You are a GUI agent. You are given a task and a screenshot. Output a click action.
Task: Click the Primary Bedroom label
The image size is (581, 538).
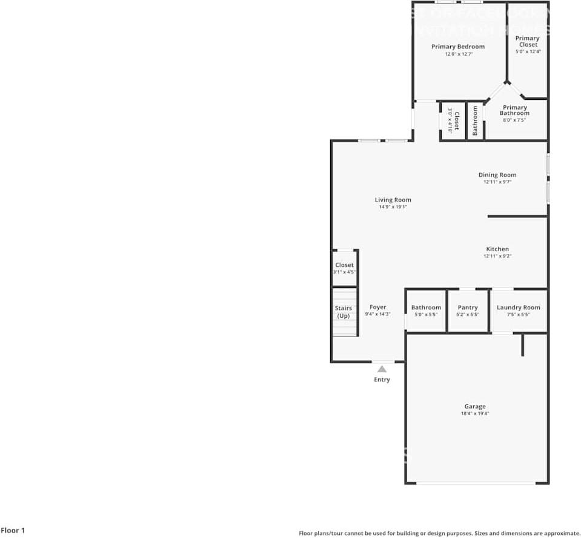click(x=457, y=47)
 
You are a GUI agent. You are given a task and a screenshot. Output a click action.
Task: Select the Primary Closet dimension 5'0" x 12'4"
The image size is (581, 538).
click(x=527, y=51)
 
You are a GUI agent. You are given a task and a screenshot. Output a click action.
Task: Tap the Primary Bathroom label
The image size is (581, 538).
click(x=514, y=110)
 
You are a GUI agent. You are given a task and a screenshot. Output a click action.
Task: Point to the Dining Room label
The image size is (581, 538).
click(x=497, y=175)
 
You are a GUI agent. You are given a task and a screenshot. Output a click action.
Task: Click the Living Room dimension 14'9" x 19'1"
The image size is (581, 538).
click(x=393, y=207)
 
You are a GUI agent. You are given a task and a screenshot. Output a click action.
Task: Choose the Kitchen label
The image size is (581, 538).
click(x=497, y=249)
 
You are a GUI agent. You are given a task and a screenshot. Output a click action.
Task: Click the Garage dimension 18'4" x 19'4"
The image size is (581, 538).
click(x=474, y=414)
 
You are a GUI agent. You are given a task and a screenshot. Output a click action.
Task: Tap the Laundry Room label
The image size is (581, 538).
click(x=518, y=307)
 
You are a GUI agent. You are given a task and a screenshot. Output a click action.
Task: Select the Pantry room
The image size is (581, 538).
click(x=468, y=310)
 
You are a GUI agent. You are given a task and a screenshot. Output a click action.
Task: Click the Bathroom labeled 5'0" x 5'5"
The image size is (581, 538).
click(x=426, y=310)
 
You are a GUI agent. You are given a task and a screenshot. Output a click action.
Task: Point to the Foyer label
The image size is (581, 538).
click(x=377, y=307)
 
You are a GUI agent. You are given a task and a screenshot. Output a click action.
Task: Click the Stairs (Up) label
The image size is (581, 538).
click(x=344, y=312)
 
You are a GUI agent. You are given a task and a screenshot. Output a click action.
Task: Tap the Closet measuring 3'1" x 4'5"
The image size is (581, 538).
click(x=344, y=268)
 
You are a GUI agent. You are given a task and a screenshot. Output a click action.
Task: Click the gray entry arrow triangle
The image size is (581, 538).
click(x=382, y=369)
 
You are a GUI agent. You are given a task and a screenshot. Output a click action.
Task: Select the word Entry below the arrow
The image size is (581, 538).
click(x=382, y=379)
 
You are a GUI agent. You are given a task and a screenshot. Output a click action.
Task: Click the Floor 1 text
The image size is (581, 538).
click(x=13, y=531)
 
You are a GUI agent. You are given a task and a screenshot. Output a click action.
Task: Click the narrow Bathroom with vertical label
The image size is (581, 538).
click(x=475, y=120)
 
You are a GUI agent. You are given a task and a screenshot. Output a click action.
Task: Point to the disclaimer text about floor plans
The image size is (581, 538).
click(x=439, y=533)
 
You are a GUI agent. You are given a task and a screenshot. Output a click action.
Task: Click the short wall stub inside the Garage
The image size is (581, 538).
click(x=522, y=345)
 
